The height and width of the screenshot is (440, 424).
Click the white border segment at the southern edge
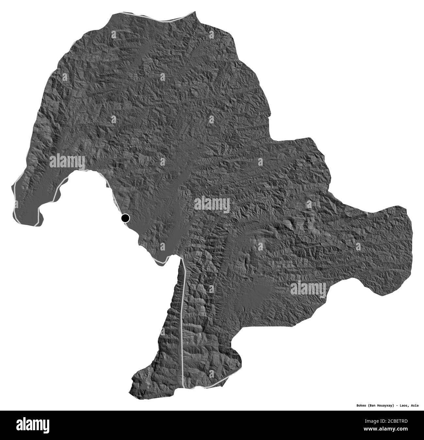[x=212, y=385]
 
